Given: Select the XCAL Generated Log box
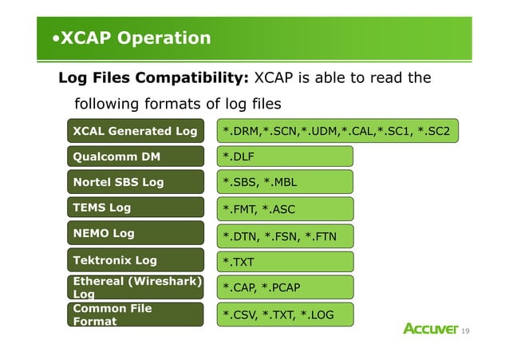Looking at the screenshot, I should pyautogui.click(x=136, y=131).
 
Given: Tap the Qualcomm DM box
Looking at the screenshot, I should pyautogui.click(x=136, y=156).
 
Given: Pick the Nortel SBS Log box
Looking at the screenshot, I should pyautogui.click(x=136, y=182).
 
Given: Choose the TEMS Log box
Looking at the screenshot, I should pyautogui.click(x=136, y=208).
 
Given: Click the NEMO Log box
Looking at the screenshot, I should pyautogui.click(x=136, y=234).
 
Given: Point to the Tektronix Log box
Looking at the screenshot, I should pyautogui.click(x=136, y=260).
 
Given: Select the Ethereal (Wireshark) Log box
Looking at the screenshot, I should pyautogui.click(x=136, y=287).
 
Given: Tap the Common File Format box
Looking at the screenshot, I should pyautogui.click(x=136, y=315).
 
